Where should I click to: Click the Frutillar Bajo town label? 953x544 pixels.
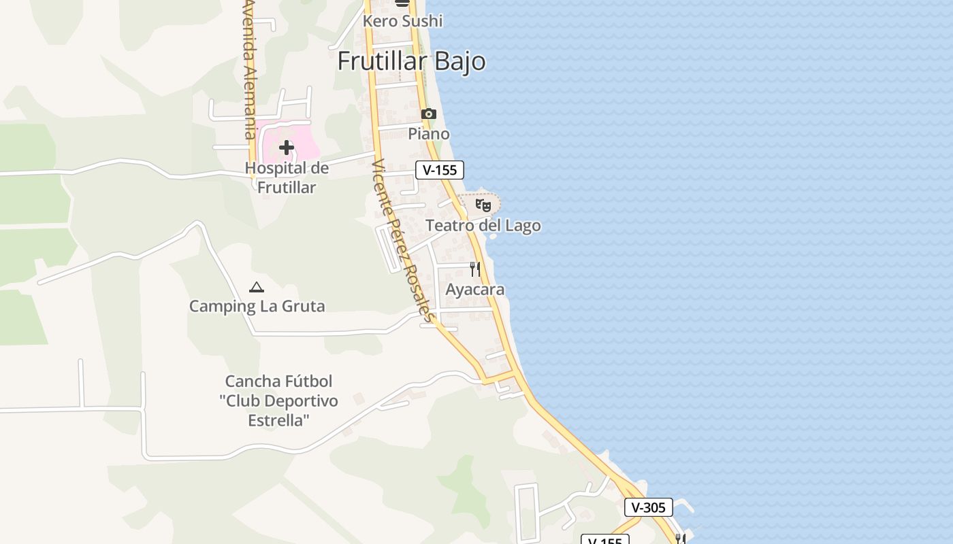411,61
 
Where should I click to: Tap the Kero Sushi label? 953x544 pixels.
402,21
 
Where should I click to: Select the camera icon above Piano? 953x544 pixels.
428,114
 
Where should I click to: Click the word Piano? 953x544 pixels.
429,134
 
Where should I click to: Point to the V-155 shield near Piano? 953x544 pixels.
440,170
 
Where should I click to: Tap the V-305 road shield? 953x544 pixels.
648,507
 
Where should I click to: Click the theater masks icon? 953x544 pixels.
483,204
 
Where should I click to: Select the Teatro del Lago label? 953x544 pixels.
483,226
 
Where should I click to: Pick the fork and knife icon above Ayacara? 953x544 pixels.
475,269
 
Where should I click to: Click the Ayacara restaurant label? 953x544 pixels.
475,290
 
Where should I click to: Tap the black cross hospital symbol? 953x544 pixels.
287,147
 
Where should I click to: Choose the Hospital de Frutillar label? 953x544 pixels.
287,177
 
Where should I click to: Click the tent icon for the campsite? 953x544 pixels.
257,287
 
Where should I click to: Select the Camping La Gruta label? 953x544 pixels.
257,306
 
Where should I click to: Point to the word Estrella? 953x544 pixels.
278,420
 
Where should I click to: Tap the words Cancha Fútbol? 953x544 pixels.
278,381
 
